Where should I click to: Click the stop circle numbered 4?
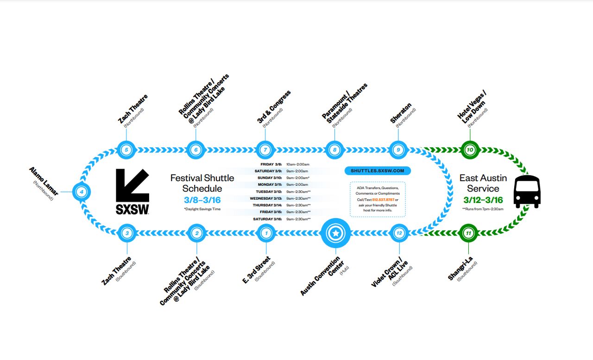pyautogui.click(x=82, y=191)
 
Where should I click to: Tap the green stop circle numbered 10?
pyautogui.click(x=470, y=150)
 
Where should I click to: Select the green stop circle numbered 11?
pyautogui.click(x=468, y=233)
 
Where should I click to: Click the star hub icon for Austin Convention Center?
pyautogui.click(x=335, y=233)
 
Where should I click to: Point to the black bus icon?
pyautogui.click(x=527, y=191)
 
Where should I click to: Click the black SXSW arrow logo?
pyautogui.click(x=132, y=191)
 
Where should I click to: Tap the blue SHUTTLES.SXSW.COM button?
pyautogui.click(x=378, y=171)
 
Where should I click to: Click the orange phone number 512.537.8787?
pyautogui.click(x=383, y=199)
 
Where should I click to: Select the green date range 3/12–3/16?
pyautogui.click(x=483, y=200)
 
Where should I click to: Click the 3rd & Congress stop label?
pyautogui.click(x=274, y=107)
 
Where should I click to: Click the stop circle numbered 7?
pyautogui.click(x=265, y=150)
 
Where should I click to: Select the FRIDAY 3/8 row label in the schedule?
pyautogui.click(x=271, y=164)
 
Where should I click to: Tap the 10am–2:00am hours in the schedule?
pyautogui.click(x=297, y=164)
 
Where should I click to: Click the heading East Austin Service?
pyautogui.click(x=483, y=183)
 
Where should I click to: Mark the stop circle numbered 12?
pyautogui.click(x=399, y=233)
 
